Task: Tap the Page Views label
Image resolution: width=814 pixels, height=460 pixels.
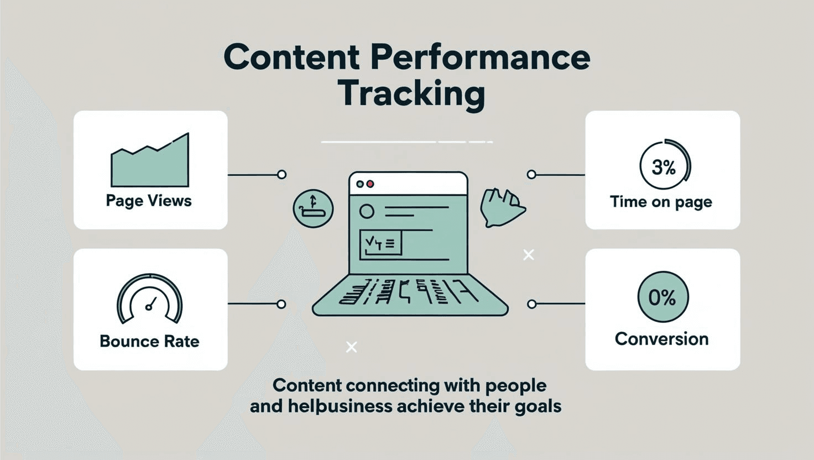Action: [149, 200]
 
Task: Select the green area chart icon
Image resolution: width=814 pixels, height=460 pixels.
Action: [150, 163]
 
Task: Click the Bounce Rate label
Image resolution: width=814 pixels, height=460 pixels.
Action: [149, 341]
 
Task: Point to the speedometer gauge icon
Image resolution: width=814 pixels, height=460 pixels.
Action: [150, 299]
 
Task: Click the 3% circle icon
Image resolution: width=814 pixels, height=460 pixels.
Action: [664, 166]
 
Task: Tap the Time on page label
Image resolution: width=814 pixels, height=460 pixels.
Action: [661, 202]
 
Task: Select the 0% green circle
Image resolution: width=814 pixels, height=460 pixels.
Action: [662, 297]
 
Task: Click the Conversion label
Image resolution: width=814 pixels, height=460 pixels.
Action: [661, 339]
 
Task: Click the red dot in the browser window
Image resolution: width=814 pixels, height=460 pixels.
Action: [371, 184]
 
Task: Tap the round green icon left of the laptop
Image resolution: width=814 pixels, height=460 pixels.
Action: [313, 209]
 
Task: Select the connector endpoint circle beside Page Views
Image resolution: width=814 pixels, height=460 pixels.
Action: [281, 175]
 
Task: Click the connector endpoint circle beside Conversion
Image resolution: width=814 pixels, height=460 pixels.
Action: [531, 304]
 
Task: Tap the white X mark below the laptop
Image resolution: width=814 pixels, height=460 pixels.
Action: [351, 347]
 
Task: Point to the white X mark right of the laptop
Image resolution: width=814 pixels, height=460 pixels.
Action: [529, 254]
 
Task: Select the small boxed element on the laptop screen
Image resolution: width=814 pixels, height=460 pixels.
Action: [380, 244]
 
